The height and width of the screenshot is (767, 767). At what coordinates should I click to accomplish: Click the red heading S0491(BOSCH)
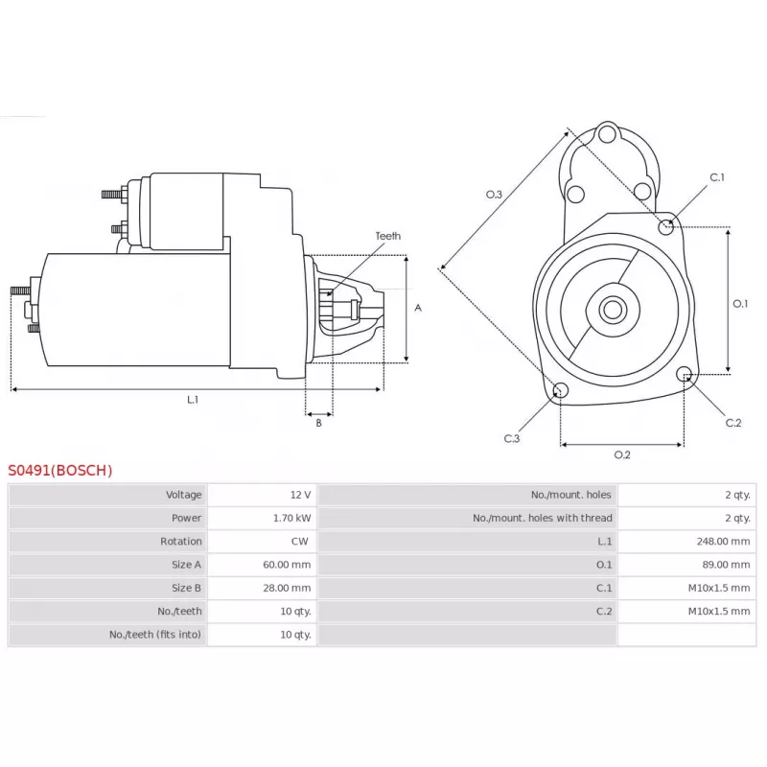click(60, 470)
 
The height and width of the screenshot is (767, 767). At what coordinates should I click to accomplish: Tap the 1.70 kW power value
click(292, 518)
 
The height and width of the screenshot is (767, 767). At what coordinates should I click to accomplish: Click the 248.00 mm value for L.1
click(724, 542)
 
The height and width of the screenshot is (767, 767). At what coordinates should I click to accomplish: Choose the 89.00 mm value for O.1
click(727, 565)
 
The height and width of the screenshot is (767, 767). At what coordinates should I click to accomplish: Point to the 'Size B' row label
click(186, 588)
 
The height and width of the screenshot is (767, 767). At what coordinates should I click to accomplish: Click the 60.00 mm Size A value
click(287, 565)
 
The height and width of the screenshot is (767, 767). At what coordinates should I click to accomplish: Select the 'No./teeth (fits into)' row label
click(155, 635)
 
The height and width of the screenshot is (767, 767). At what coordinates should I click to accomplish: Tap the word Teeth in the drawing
click(388, 236)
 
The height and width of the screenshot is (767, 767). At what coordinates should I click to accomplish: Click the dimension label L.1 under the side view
click(193, 400)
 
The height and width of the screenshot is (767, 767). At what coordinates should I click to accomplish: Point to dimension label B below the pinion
click(318, 423)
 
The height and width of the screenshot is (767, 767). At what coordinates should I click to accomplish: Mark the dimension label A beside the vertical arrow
click(418, 308)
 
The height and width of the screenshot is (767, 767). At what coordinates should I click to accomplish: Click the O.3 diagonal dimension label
click(494, 195)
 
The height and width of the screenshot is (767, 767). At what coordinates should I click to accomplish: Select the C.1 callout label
click(717, 177)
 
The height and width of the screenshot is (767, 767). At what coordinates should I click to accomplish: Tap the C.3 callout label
click(512, 438)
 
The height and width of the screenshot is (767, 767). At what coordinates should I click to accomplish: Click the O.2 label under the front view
click(622, 454)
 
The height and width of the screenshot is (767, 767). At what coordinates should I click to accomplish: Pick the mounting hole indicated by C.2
click(685, 374)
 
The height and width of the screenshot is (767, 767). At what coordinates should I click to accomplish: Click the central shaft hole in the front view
click(613, 309)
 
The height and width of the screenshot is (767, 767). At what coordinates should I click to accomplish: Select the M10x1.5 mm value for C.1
click(719, 588)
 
